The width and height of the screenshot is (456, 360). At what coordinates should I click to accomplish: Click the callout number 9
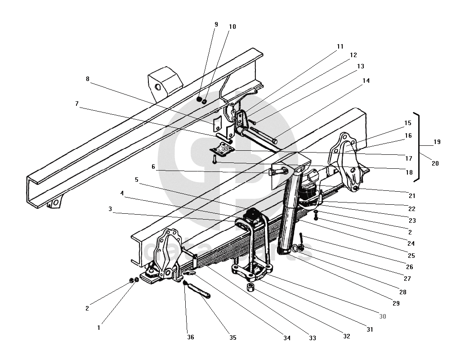[216, 24]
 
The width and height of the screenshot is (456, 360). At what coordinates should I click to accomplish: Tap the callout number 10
[232, 27]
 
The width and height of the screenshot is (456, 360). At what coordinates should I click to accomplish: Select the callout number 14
[366, 81]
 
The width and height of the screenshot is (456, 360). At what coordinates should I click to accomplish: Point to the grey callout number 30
[382, 316]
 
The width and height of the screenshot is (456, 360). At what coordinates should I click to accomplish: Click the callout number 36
[191, 337]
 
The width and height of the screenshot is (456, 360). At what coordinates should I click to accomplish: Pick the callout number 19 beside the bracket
[437, 142]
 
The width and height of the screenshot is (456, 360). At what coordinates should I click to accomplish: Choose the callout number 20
[435, 163]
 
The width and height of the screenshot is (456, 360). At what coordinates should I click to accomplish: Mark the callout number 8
[88, 79]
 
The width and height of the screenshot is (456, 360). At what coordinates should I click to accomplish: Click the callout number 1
[99, 328]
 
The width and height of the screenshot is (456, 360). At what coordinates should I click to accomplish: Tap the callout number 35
[232, 337]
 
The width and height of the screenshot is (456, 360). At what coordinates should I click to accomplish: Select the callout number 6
[153, 166]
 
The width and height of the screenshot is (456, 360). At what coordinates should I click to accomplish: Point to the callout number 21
[412, 196]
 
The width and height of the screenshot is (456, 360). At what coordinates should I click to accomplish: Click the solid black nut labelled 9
[199, 99]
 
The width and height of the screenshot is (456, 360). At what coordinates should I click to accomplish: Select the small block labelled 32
[251, 287]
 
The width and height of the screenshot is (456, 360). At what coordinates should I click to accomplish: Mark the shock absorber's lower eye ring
[294, 248]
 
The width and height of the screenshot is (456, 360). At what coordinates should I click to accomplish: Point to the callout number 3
[110, 209]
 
